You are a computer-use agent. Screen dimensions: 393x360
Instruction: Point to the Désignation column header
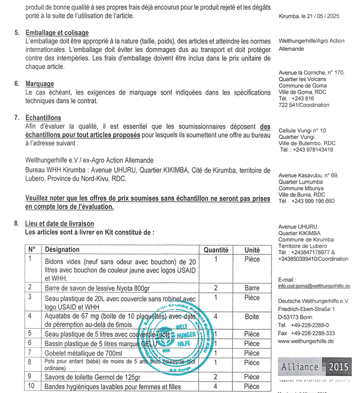tap(62, 249)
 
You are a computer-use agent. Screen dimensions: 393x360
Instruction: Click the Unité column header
tap(252, 249)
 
